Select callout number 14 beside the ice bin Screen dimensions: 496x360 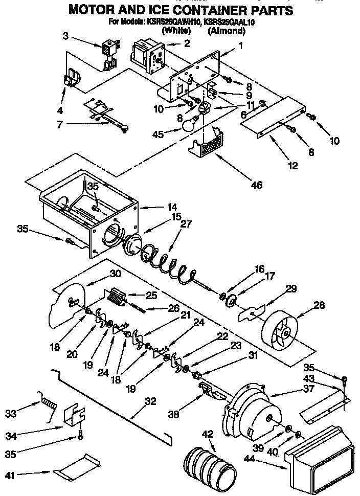(x=172, y=208)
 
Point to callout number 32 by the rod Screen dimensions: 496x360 (x=150, y=401)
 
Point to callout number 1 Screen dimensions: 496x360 (x=241, y=46)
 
